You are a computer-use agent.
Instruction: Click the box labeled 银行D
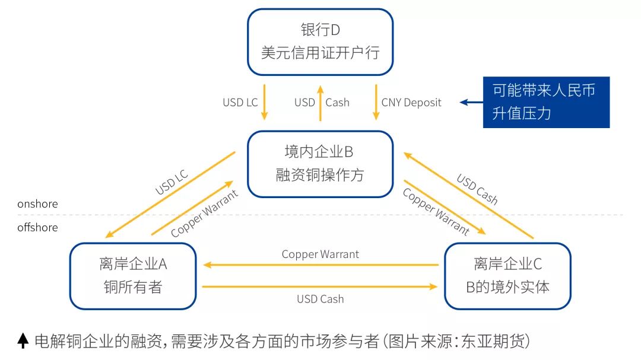(x=320, y=42)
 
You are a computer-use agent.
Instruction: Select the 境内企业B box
(x=320, y=164)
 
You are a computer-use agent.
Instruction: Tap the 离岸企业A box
(x=132, y=275)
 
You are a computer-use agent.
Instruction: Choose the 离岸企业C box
(x=507, y=275)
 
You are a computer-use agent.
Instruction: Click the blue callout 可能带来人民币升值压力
(x=546, y=102)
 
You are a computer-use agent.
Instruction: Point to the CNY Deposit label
(x=411, y=103)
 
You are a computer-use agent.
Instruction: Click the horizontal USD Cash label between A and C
(x=320, y=299)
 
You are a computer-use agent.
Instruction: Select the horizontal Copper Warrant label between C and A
(x=320, y=254)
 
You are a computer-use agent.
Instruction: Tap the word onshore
(x=37, y=204)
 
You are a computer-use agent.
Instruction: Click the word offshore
(x=37, y=227)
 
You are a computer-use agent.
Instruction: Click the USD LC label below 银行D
(x=240, y=103)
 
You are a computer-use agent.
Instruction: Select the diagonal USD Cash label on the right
(x=477, y=189)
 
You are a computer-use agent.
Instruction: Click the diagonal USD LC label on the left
(x=172, y=182)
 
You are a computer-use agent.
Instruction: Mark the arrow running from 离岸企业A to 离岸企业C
(x=320, y=286)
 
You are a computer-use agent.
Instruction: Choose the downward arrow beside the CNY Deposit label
(x=376, y=102)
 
